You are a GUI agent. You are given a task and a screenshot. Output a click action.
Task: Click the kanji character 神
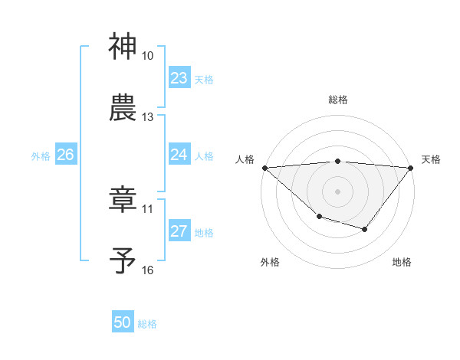click(x=123, y=47)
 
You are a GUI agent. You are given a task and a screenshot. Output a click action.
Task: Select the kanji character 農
click(x=123, y=108)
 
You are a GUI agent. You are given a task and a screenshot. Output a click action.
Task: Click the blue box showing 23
click(x=179, y=78)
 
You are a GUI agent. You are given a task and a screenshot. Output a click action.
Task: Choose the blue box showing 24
click(x=179, y=155)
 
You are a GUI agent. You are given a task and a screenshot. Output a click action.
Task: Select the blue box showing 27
click(x=179, y=231)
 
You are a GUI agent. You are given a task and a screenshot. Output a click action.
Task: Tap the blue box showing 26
click(x=66, y=155)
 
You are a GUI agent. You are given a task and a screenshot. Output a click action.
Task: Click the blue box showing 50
click(x=123, y=323)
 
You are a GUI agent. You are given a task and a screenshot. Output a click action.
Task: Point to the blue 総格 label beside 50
click(x=147, y=324)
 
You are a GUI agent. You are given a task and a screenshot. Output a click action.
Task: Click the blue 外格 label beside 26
click(x=41, y=155)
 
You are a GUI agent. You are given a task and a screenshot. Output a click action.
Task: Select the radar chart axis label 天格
click(x=432, y=159)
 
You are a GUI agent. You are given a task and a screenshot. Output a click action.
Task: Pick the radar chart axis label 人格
click(x=244, y=159)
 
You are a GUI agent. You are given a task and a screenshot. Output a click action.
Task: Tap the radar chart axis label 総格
click(x=338, y=100)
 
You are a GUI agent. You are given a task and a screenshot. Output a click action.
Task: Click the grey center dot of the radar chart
click(x=338, y=191)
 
